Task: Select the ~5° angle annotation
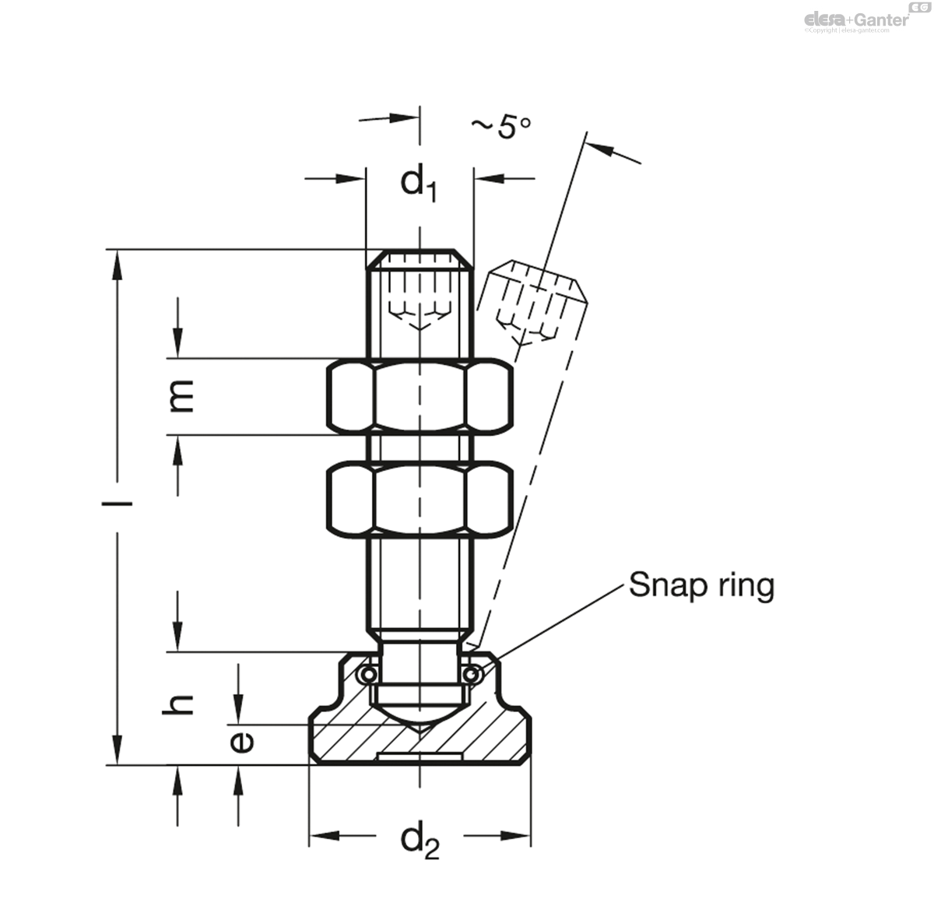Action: (x=501, y=127)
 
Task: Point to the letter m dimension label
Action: (x=181, y=396)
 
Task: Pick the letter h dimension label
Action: (x=178, y=704)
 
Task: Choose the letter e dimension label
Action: (x=242, y=743)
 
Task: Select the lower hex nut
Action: (x=420, y=499)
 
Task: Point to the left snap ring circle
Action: (x=368, y=674)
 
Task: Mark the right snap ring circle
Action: (x=471, y=674)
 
